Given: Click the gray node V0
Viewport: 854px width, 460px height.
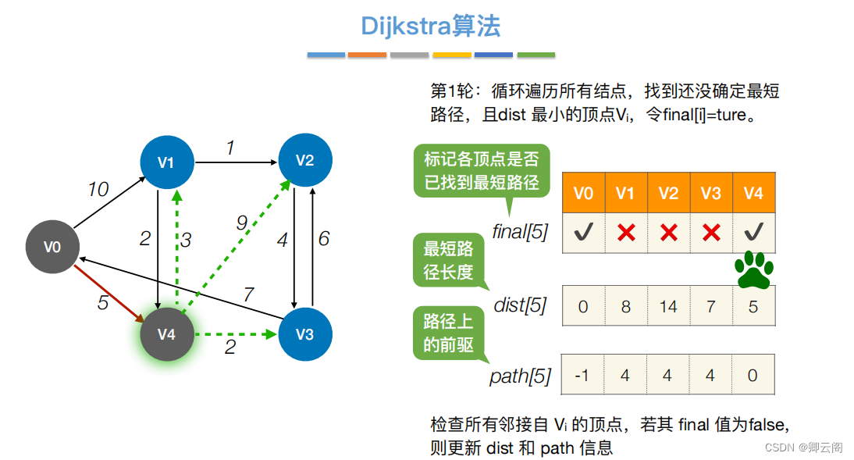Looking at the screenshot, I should tap(52, 247).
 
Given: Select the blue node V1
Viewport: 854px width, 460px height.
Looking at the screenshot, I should tap(165, 162).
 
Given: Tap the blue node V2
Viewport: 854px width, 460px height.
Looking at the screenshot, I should tap(304, 161).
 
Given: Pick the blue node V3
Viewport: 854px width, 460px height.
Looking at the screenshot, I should tap(304, 334).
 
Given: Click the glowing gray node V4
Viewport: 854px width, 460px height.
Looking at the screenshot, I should tap(166, 334).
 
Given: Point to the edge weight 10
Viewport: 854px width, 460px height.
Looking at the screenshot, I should tap(98, 190).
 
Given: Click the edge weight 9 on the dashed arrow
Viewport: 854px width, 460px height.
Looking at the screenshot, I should tap(242, 224).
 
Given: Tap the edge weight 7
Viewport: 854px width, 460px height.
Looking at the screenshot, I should tap(248, 294).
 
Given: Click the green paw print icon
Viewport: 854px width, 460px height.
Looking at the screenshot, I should tap(753, 270).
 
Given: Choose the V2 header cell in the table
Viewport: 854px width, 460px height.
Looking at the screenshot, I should tap(668, 194).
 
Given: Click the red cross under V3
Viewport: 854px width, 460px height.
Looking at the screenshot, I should tap(711, 233).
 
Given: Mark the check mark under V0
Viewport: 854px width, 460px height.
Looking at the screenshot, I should tap(583, 233).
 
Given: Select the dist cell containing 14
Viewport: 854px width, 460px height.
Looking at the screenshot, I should tap(668, 306).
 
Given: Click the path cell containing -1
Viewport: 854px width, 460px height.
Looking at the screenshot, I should tap(582, 375).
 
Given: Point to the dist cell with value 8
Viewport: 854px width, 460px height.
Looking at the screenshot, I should tap(625, 306).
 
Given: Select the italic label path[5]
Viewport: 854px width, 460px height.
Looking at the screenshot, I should tap(520, 376).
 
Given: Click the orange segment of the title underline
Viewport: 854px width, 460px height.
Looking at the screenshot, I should tap(367, 55).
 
